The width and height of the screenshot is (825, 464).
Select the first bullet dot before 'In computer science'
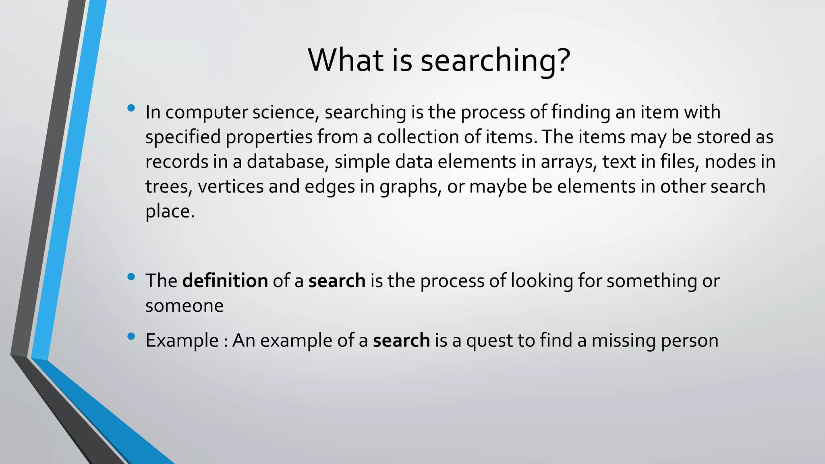point(131,108)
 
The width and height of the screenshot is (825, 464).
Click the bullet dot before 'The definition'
point(131,277)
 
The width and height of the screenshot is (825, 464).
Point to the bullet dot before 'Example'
point(131,336)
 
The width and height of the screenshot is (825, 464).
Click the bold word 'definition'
point(225,281)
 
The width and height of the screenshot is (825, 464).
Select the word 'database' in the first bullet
point(285,162)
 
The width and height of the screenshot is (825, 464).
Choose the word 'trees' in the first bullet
point(169,187)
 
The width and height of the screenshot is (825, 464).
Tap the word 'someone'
point(184,306)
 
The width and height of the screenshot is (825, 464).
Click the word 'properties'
point(269,137)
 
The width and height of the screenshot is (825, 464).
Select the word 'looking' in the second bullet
point(542,281)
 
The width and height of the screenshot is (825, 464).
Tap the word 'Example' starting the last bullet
point(182,341)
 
